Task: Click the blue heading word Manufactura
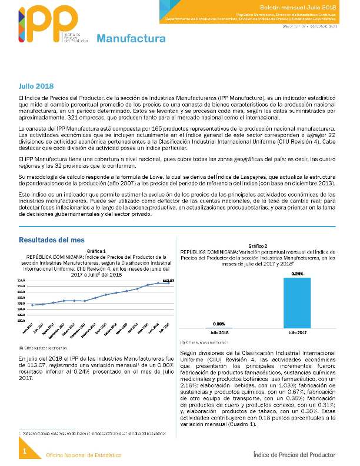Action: point(131,39)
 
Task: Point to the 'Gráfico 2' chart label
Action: point(258,245)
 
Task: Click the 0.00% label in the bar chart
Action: point(219,324)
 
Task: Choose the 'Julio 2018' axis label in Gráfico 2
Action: point(219,333)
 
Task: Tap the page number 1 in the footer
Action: point(25,451)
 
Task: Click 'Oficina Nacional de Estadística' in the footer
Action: point(84,455)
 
